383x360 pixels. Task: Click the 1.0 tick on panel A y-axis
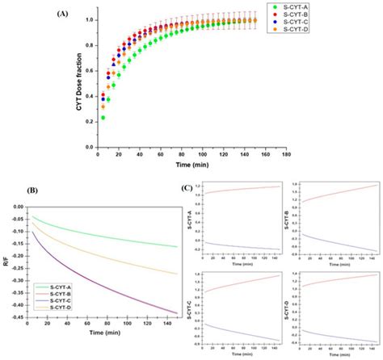point(88,19)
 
